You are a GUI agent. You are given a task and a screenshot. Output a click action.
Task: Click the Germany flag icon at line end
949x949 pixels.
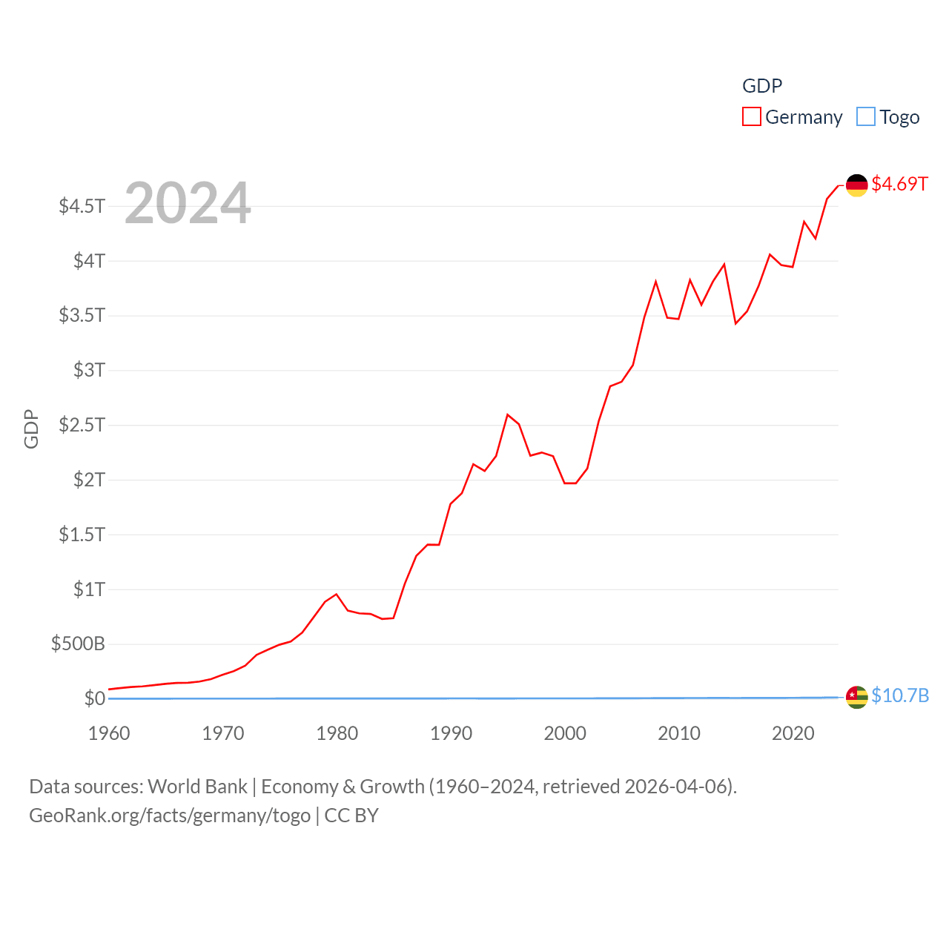click(x=856, y=185)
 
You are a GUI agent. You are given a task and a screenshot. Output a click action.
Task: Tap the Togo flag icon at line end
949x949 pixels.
click(x=856, y=697)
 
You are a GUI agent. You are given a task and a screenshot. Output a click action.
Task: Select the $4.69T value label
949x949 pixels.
click(x=899, y=184)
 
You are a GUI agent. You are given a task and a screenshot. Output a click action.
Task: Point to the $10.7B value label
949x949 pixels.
click(x=900, y=695)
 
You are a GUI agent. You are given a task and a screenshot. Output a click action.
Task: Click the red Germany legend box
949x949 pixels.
click(x=751, y=117)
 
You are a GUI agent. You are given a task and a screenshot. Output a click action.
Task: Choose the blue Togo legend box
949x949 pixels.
click(x=865, y=117)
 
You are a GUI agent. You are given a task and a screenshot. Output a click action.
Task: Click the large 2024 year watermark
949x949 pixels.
click(x=188, y=203)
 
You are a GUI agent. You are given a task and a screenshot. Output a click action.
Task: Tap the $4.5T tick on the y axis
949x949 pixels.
click(x=82, y=205)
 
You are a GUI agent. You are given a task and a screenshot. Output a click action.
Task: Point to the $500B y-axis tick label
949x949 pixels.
click(x=78, y=644)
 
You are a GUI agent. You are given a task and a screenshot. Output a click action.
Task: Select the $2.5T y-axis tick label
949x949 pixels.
click(x=82, y=425)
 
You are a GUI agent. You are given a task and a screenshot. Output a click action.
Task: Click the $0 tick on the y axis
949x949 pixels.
click(x=95, y=698)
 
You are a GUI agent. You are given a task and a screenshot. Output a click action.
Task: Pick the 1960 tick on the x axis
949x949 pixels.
click(x=109, y=733)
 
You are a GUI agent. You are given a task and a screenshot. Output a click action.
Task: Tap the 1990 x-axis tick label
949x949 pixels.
click(x=451, y=733)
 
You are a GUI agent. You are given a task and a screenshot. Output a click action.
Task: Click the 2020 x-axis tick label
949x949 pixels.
click(x=793, y=733)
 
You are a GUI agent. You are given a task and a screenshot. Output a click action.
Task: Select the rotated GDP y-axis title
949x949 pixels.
click(x=31, y=429)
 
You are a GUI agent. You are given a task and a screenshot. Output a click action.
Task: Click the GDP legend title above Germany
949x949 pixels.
click(x=762, y=86)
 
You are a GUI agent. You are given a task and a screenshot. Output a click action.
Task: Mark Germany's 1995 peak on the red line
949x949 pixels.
click(x=508, y=414)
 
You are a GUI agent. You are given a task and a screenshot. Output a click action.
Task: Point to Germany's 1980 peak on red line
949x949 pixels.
click(x=337, y=594)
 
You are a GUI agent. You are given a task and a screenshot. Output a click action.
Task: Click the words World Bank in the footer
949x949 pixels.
click(x=197, y=786)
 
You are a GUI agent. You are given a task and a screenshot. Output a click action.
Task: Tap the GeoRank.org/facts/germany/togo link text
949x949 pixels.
click(x=170, y=816)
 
